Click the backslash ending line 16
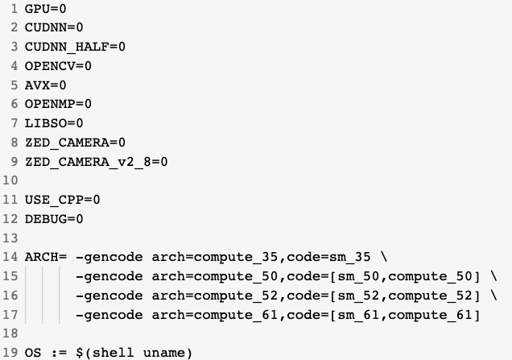pyautogui.click(x=493, y=295)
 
